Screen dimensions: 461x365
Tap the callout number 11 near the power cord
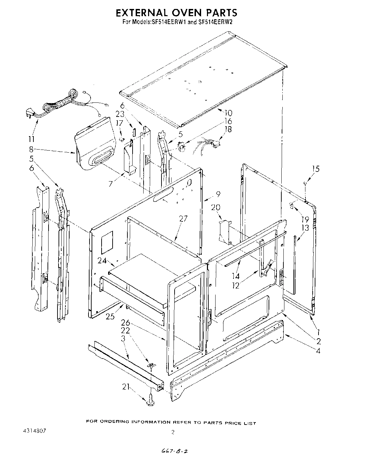pos(31,139)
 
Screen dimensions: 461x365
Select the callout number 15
pos(315,168)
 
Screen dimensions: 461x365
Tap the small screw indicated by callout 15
pos(305,184)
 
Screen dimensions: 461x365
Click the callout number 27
pos(183,218)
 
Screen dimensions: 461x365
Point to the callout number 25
pos(110,316)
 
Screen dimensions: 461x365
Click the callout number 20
pos(216,207)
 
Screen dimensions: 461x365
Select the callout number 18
pos(228,129)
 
